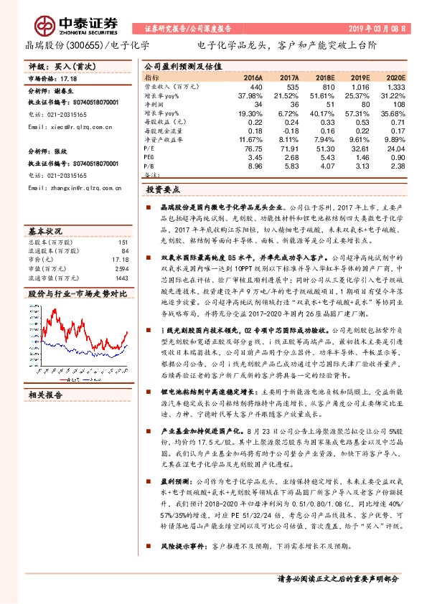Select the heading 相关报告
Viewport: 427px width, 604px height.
pyautogui.click(x=46, y=394)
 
